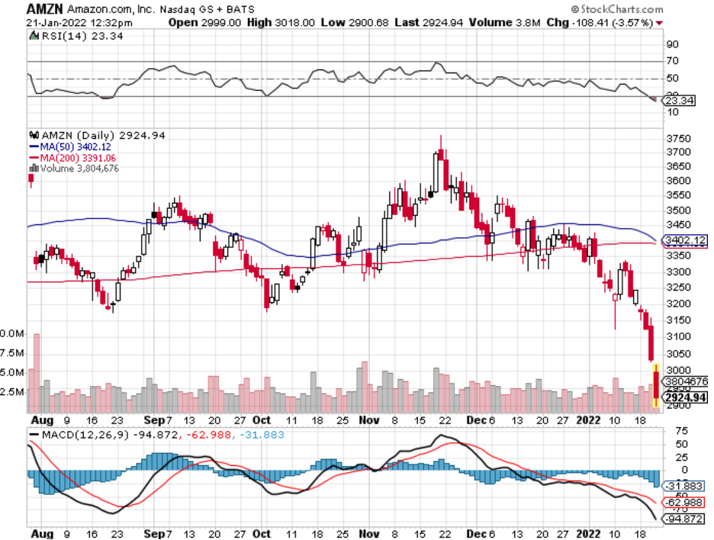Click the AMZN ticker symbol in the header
tap(40, 8)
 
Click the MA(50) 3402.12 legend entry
tap(71, 146)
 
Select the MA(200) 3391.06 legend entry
tap(73, 157)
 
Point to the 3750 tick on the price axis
tap(677, 139)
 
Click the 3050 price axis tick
tap(677, 354)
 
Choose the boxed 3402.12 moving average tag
tap(683, 240)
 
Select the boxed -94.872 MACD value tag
tap(683, 520)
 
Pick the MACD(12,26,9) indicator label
tap(64, 435)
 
